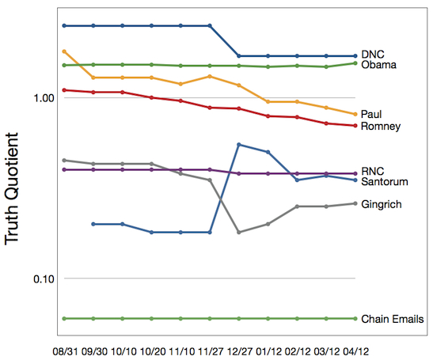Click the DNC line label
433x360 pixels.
pos(373,55)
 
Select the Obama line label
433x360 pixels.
pos(378,65)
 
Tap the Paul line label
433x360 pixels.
pos(371,114)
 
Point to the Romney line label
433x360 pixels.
pos(381,127)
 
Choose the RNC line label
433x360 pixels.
pos(373,171)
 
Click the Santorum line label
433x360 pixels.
pos(385,182)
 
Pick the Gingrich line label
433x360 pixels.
pos(382,205)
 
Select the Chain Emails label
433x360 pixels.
pos(392,319)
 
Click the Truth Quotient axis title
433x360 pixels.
pos(12,189)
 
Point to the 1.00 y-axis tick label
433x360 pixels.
pos(44,98)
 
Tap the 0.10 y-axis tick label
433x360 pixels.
pos(44,279)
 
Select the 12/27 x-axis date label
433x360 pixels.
pos(239,351)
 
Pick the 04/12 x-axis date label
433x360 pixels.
pos(355,351)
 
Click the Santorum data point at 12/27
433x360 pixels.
pos(239,144)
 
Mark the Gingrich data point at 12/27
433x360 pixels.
pos(239,232)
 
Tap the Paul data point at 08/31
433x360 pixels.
pos(64,51)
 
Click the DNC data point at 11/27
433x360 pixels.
pos(210,25)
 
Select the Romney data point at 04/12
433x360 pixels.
pos(355,126)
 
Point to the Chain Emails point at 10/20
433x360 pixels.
pos(152,319)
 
